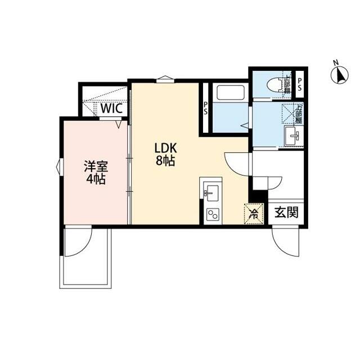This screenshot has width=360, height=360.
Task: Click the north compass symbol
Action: click(339, 74)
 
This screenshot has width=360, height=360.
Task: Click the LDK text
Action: click(166, 148)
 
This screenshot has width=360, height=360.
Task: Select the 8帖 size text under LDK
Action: click(166, 161)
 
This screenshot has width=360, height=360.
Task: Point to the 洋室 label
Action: click(95, 167)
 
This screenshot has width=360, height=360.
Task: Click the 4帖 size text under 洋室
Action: click(96, 180)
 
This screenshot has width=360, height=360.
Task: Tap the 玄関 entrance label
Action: click(287, 213)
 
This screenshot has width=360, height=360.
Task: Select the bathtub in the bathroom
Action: click(228, 92)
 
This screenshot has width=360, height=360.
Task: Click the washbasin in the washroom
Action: click(292, 136)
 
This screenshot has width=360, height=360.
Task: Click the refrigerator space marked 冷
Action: click(254, 213)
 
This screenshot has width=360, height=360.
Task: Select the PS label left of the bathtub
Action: click(206, 107)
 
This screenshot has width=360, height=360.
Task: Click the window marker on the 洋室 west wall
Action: click(59, 167)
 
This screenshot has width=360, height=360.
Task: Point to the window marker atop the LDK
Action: click(164, 79)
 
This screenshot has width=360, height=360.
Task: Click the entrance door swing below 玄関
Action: click(285, 241)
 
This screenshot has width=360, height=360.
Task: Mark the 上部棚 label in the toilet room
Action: click(287, 84)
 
